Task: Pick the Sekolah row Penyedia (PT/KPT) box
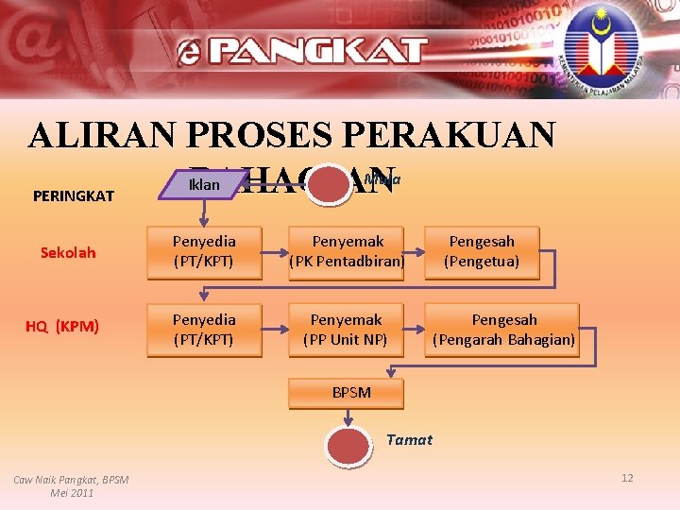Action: (203, 252)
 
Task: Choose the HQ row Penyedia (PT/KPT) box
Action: (203, 329)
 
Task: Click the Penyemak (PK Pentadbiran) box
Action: (346, 252)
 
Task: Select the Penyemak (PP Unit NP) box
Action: (346, 329)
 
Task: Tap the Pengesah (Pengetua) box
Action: (482, 252)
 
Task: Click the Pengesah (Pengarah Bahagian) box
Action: (503, 329)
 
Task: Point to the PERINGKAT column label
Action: (74, 196)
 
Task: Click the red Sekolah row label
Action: (68, 253)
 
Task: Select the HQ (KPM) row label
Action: (62, 327)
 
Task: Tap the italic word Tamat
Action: (410, 439)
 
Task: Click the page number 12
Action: (627, 478)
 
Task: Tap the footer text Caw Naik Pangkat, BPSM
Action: (71, 480)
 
